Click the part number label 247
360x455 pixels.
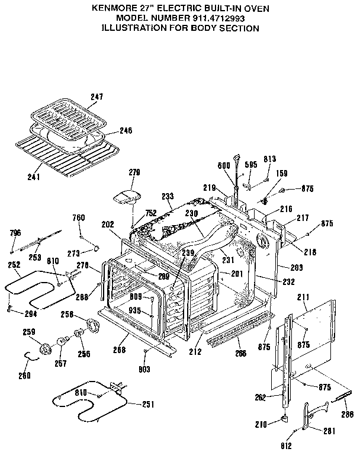click(x=97, y=96)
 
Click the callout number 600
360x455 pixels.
click(x=224, y=166)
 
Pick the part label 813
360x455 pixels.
click(x=270, y=159)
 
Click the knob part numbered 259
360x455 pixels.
click(x=45, y=350)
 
